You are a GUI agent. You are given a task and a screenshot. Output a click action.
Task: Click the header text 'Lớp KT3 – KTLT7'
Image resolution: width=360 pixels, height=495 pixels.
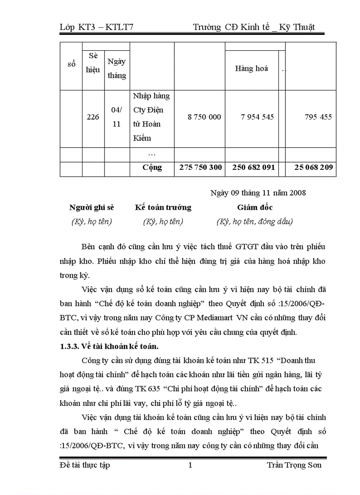point(96,27)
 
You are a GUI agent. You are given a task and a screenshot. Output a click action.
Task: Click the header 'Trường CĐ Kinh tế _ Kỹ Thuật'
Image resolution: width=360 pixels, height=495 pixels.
point(254,27)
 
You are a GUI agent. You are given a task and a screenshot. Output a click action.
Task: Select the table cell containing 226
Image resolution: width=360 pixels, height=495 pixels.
point(93,117)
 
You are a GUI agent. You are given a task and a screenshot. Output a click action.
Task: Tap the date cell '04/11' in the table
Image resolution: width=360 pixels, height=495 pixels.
point(116,117)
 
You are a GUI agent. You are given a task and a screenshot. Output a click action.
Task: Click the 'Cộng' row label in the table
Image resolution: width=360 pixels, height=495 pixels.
point(152,167)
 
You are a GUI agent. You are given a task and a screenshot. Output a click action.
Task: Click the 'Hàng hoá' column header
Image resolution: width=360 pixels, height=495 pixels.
point(251,69)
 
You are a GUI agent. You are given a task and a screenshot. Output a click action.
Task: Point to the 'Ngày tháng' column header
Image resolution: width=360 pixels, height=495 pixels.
point(116,69)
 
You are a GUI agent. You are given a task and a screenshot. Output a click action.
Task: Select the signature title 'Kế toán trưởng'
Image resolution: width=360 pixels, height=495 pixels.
point(163,208)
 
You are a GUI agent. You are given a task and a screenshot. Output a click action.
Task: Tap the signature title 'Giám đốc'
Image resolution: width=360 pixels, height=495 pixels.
point(255,208)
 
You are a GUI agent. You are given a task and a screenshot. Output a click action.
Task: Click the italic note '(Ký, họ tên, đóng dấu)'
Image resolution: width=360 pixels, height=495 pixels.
point(255,222)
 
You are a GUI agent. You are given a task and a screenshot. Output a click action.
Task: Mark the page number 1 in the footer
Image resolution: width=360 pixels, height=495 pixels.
point(190,465)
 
